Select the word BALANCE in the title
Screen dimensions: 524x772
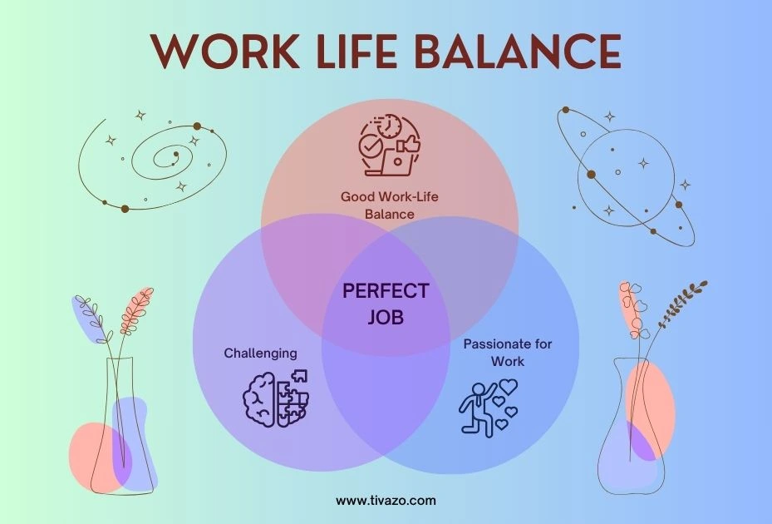pyautogui.click(x=517, y=51)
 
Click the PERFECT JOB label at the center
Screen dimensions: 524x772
pyautogui.click(x=386, y=304)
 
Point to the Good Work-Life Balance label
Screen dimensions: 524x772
pyautogui.click(x=389, y=205)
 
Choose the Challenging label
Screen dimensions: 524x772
pyautogui.click(x=260, y=353)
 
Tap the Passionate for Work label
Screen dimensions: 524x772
pyautogui.click(x=507, y=353)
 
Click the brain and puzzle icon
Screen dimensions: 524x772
pyautogui.click(x=276, y=398)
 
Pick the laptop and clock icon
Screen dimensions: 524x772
pyautogui.click(x=388, y=146)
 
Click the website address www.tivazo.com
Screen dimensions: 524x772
pyautogui.click(x=386, y=501)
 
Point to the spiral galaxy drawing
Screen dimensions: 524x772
pyautogui.click(x=158, y=158)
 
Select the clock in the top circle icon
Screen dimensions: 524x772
pyautogui.click(x=389, y=126)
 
